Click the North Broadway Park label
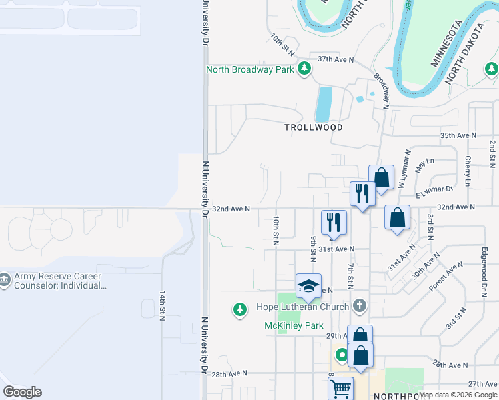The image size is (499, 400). (250, 69)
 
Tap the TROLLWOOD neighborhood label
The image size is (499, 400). (314, 127)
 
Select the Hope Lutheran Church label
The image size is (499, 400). (303, 307)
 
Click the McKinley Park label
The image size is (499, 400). (294, 325)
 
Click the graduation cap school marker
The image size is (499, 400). (309, 287)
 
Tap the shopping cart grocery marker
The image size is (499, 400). (341, 388)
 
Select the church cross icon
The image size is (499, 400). (360, 306)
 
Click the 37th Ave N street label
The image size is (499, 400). (335, 59)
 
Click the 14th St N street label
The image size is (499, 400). (162, 305)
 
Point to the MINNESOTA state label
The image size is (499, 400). (446, 43)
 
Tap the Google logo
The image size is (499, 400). (22, 392)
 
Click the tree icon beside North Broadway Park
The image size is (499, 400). (304, 69)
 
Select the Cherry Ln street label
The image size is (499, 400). (468, 171)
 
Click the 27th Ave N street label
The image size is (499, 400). (483, 384)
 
